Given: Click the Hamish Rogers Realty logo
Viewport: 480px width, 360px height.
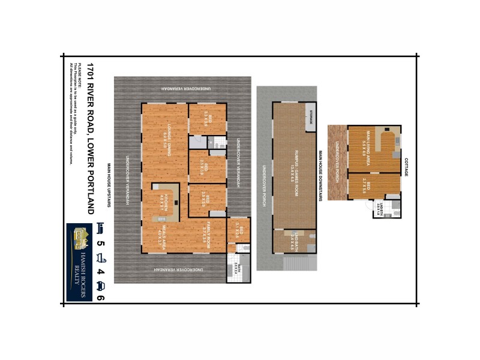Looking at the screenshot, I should point(79,262).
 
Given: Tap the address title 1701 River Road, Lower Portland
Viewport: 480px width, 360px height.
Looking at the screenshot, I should point(90,138).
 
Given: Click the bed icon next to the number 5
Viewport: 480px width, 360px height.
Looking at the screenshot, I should point(100,228).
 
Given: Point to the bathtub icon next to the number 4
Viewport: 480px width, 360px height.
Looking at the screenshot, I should point(100,257).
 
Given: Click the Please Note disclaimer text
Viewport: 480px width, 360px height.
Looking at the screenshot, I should point(74,114).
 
